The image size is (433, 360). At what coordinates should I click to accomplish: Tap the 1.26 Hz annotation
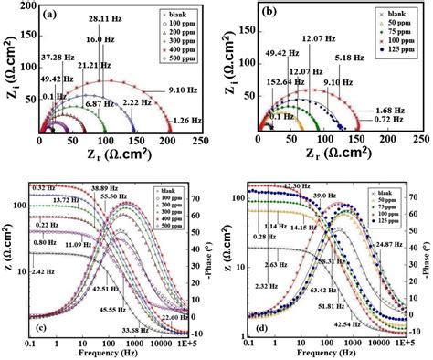192,120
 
